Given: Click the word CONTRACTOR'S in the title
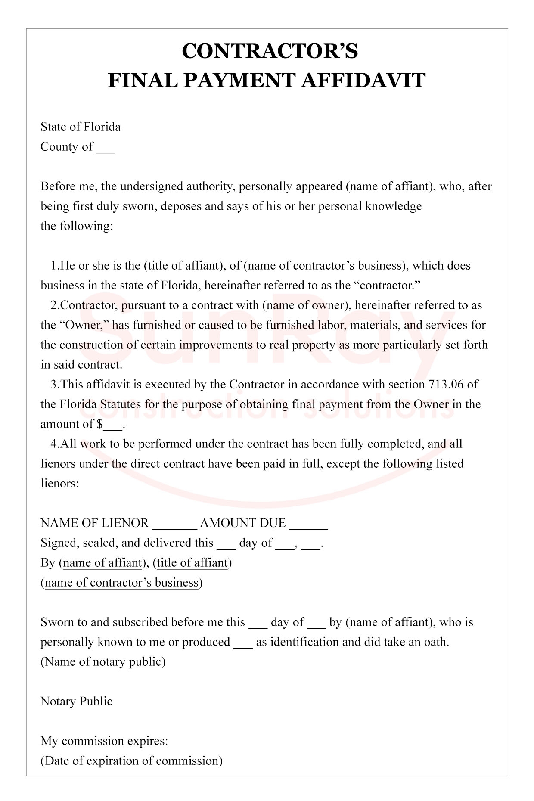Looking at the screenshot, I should (270, 51).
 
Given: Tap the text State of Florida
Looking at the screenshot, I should (81, 127).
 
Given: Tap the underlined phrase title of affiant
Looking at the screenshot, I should (192, 563).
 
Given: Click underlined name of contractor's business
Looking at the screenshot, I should (122, 583).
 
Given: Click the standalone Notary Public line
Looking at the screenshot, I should (76, 702).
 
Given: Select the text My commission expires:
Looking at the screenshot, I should (104, 741).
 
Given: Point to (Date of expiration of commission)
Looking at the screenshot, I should (131, 761).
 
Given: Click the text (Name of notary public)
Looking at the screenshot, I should (103, 662).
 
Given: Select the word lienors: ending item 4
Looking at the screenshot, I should (60, 484).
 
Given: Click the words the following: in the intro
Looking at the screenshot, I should (77, 226).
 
